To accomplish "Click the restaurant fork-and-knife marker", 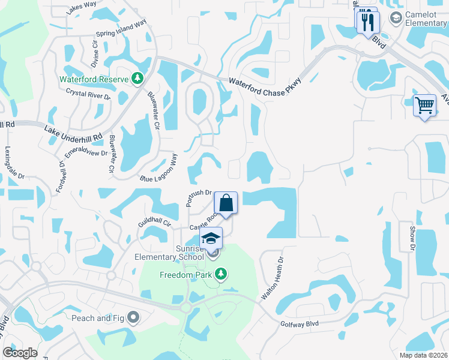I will pos(367,23).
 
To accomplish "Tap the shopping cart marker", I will pos(425,106).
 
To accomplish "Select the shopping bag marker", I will pos(226,203).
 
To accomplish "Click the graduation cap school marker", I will pos(211,238).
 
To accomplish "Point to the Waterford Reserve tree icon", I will pos(137,79).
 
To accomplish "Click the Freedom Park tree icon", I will pos(221,275).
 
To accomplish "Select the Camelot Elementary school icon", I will pos(396,19).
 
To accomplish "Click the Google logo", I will pos(20,353).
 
